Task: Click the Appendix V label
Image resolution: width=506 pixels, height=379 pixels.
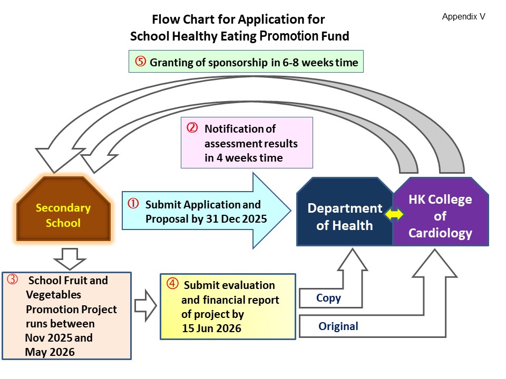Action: [463, 17]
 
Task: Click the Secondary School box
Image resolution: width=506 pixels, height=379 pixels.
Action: [63, 215]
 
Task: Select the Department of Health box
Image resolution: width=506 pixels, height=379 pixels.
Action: [345, 216]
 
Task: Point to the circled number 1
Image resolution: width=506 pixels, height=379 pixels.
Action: [133, 204]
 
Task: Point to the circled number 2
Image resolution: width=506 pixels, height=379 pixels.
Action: [192, 128]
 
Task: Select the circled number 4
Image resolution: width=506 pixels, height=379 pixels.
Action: [172, 284]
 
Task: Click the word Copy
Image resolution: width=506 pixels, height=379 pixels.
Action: [328, 298]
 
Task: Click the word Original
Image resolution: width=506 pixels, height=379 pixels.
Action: [338, 326]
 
